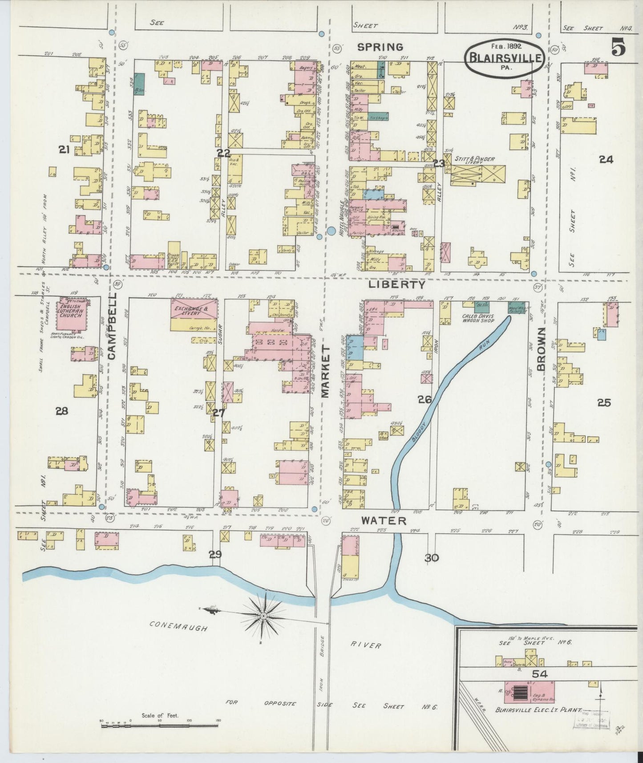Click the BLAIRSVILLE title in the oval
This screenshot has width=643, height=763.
pyautogui.click(x=504, y=57)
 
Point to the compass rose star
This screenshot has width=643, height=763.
pyautogui.click(x=263, y=615)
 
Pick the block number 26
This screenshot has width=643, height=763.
pyautogui.click(x=424, y=399)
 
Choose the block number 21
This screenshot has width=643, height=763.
pyautogui.click(x=64, y=150)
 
